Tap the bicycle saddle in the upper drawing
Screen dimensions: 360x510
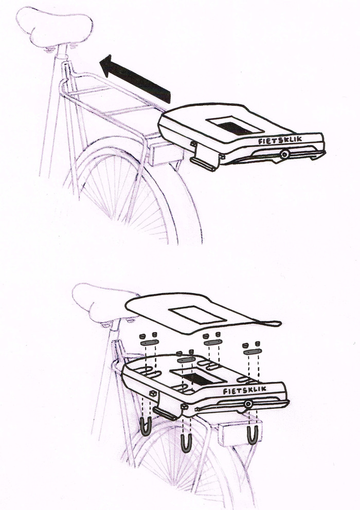click(54, 26)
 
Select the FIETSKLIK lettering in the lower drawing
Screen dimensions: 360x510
click(245, 391)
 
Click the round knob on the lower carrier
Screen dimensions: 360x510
click(248, 405)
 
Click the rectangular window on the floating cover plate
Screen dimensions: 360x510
click(197, 315)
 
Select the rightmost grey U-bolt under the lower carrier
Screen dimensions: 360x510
click(252, 434)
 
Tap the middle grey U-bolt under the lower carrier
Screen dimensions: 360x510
click(186, 441)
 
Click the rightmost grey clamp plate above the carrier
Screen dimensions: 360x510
click(252, 351)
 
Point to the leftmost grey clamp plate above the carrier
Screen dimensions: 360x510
click(149, 342)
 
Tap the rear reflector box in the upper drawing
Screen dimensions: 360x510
click(161, 153)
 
